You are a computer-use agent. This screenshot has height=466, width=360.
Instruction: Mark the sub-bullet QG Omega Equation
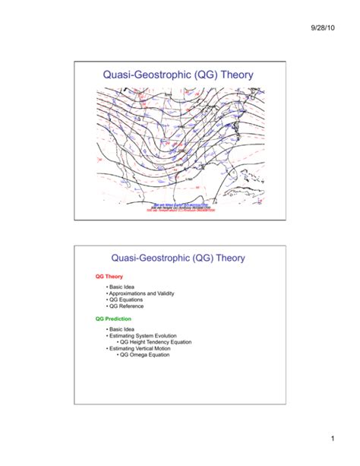pyautogui.click(x=145, y=354)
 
